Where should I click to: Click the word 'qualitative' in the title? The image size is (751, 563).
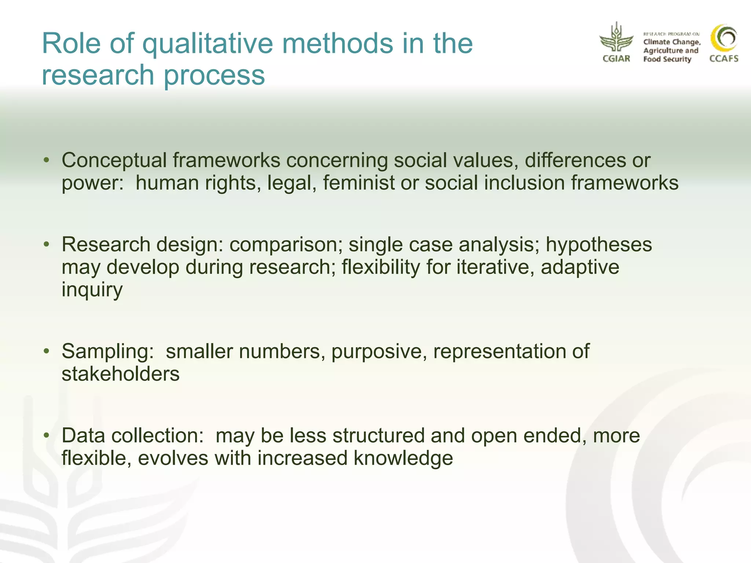click(x=208, y=44)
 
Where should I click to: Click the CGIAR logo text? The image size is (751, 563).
click(x=616, y=59)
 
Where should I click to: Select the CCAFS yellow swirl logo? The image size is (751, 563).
click(x=724, y=38)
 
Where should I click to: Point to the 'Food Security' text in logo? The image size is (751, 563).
click(x=667, y=59)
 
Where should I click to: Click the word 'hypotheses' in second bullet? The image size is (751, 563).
click(x=599, y=245)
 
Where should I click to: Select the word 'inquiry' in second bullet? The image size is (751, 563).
click(x=92, y=290)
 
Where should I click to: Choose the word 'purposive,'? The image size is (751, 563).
click(x=379, y=352)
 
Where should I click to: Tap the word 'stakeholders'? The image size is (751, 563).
click(x=121, y=374)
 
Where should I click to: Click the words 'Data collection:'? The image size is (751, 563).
click(x=132, y=436)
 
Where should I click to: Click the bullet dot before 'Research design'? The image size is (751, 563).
click(x=46, y=244)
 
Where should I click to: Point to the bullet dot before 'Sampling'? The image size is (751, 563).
click(x=46, y=351)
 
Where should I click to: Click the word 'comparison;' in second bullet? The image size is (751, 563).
click(x=286, y=245)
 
